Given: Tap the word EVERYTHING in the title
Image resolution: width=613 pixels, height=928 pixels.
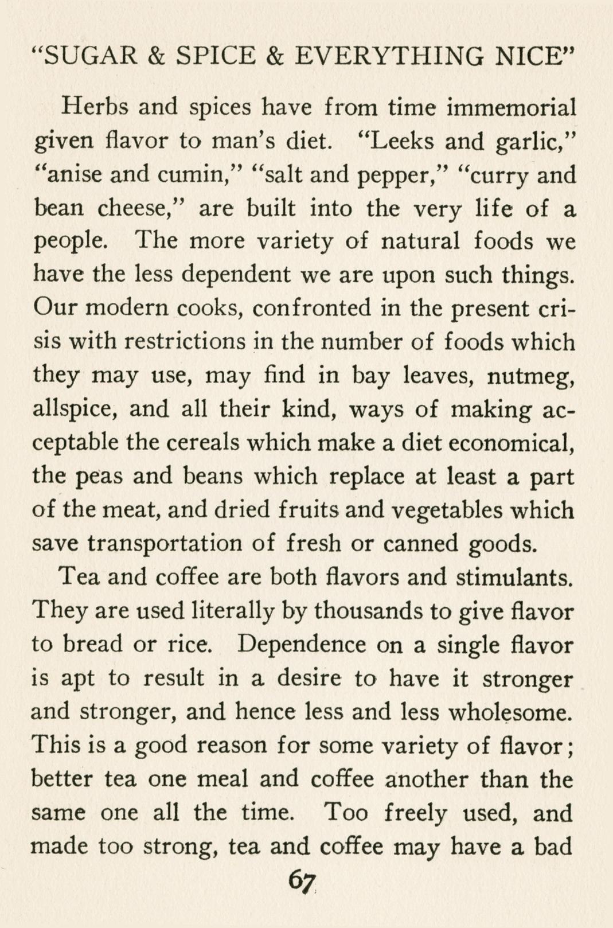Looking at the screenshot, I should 388,56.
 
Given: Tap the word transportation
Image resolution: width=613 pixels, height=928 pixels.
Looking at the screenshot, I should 165,544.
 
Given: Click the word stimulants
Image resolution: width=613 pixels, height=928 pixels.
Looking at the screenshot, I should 514,578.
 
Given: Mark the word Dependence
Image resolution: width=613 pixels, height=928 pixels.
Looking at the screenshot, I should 302,645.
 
